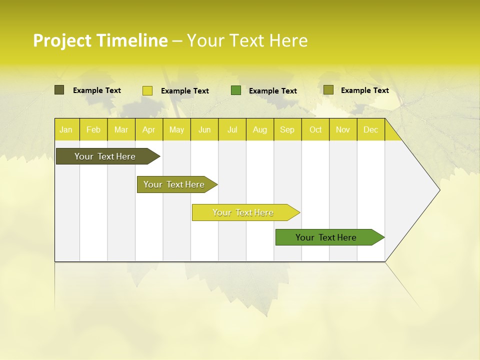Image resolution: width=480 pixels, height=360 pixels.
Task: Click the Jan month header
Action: [x=66, y=130]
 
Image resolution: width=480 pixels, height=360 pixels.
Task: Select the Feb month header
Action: [x=93, y=130]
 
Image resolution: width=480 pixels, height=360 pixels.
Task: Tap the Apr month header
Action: [x=148, y=130]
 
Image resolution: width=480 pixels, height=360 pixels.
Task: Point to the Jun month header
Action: [x=204, y=130]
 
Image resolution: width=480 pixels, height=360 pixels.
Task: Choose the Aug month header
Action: [x=259, y=130]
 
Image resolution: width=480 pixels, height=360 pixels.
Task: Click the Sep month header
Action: [x=287, y=130]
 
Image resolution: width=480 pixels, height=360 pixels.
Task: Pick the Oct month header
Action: [x=315, y=130]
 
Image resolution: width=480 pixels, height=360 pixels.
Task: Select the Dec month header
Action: [x=370, y=130]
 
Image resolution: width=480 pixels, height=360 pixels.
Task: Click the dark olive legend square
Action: [x=59, y=90]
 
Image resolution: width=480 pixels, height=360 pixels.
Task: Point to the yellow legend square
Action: [x=147, y=90]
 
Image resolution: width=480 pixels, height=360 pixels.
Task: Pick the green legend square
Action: [x=236, y=90]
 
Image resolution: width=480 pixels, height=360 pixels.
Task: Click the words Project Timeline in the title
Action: [x=100, y=40]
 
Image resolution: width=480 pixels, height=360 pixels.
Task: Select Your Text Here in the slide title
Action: [x=247, y=40]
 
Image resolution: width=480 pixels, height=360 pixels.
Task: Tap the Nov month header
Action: [x=343, y=130]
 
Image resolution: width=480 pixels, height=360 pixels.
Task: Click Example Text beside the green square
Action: [x=272, y=91]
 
